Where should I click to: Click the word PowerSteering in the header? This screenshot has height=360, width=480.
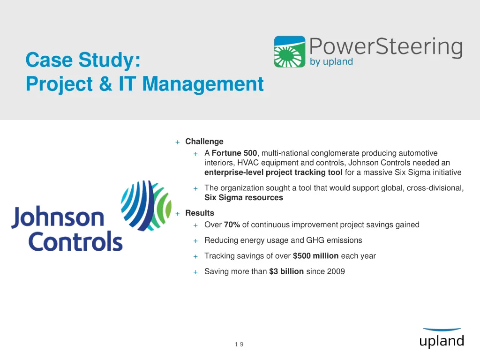pyautogui.click(x=386, y=48)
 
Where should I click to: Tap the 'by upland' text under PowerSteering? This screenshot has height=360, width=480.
pyautogui.click(x=331, y=62)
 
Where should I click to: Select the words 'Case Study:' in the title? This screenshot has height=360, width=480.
pyautogui.click(x=83, y=60)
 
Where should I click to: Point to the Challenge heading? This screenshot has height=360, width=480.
pyautogui.click(x=204, y=142)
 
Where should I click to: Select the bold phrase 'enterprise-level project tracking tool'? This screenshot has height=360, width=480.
pyautogui.click(x=273, y=172)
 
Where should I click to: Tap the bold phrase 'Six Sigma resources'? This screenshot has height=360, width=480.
pyautogui.click(x=244, y=198)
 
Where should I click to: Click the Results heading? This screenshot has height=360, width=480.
pyautogui.click(x=200, y=213)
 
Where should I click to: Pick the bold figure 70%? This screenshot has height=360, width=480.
pyautogui.click(x=232, y=225)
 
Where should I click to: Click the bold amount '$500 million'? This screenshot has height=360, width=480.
pyautogui.click(x=315, y=256)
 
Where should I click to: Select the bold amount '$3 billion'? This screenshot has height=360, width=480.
pyautogui.click(x=286, y=271)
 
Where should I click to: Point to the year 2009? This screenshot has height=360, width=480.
pyautogui.click(x=337, y=271)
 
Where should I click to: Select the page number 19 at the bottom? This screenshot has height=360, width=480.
pyautogui.click(x=239, y=345)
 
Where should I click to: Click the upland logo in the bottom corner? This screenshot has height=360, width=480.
pyautogui.click(x=442, y=338)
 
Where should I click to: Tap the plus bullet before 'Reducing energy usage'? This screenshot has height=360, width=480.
pyautogui.click(x=195, y=241)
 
